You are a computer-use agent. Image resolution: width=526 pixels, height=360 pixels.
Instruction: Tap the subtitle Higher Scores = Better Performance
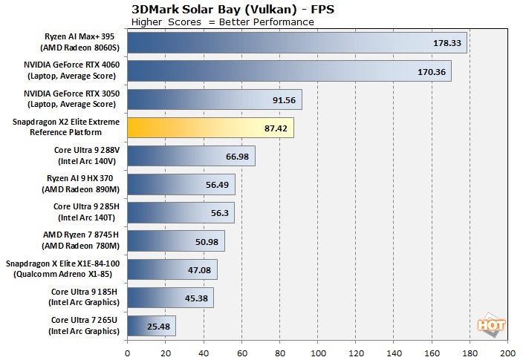point(222,22)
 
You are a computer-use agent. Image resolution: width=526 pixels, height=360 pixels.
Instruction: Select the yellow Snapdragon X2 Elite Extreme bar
point(211,127)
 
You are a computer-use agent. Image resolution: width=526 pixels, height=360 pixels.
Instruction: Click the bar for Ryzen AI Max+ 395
point(297,42)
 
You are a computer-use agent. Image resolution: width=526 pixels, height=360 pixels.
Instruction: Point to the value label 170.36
point(430,71)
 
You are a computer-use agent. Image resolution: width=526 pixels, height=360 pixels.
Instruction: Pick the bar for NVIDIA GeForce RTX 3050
point(215,99)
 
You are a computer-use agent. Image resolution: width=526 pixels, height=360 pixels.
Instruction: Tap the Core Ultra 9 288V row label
point(82,155)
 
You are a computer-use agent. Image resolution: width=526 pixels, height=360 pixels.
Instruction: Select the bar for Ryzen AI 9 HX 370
point(181,184)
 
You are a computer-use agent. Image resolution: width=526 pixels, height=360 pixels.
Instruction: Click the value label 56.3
point(216,213)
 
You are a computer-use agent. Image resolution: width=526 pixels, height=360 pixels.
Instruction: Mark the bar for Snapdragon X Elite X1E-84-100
point(172,269)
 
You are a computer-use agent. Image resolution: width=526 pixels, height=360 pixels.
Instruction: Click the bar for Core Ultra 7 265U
point(152,326)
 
